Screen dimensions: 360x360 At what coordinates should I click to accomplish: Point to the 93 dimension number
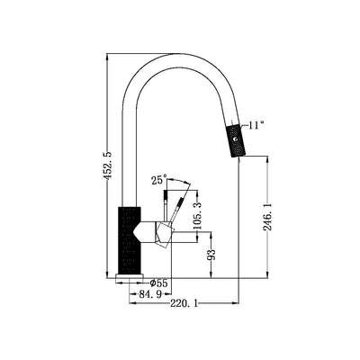tap(212, 256)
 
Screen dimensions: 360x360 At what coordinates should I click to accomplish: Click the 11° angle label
tap(258, 125)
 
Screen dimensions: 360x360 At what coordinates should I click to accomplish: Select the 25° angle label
tap(159, 181)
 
